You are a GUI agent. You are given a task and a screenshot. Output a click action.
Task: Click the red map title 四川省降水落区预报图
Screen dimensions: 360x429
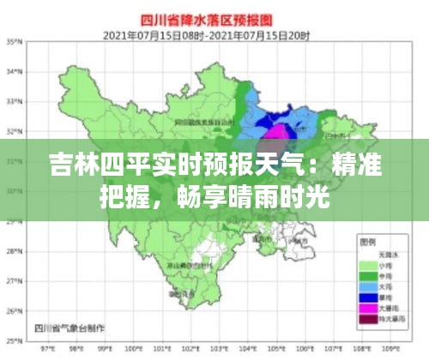click(214, 18)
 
